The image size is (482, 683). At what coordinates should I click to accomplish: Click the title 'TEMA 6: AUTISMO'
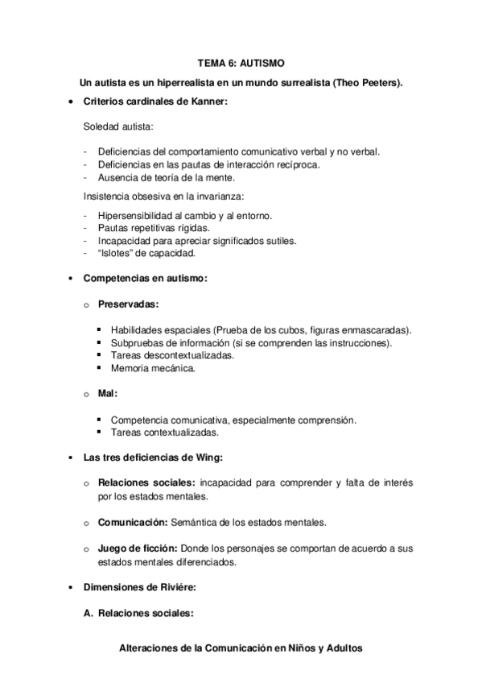(241, 62)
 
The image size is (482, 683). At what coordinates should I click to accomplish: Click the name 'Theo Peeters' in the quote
(369, 82)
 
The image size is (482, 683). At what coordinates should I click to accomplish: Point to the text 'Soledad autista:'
(119, 126)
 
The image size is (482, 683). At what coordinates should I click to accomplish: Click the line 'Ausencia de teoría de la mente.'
(166, 177)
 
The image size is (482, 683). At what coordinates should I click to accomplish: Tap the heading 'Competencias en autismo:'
(146, 279)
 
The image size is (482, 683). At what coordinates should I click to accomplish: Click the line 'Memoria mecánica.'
(153, 368)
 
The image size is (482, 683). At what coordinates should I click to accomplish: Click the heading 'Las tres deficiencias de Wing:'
(154, 457)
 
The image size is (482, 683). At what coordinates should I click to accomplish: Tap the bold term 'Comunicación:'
(132, 522)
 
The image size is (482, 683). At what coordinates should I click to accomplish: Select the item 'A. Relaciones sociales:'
(138, 612)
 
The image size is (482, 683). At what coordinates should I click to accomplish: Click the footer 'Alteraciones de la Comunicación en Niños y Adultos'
(241, 647)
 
